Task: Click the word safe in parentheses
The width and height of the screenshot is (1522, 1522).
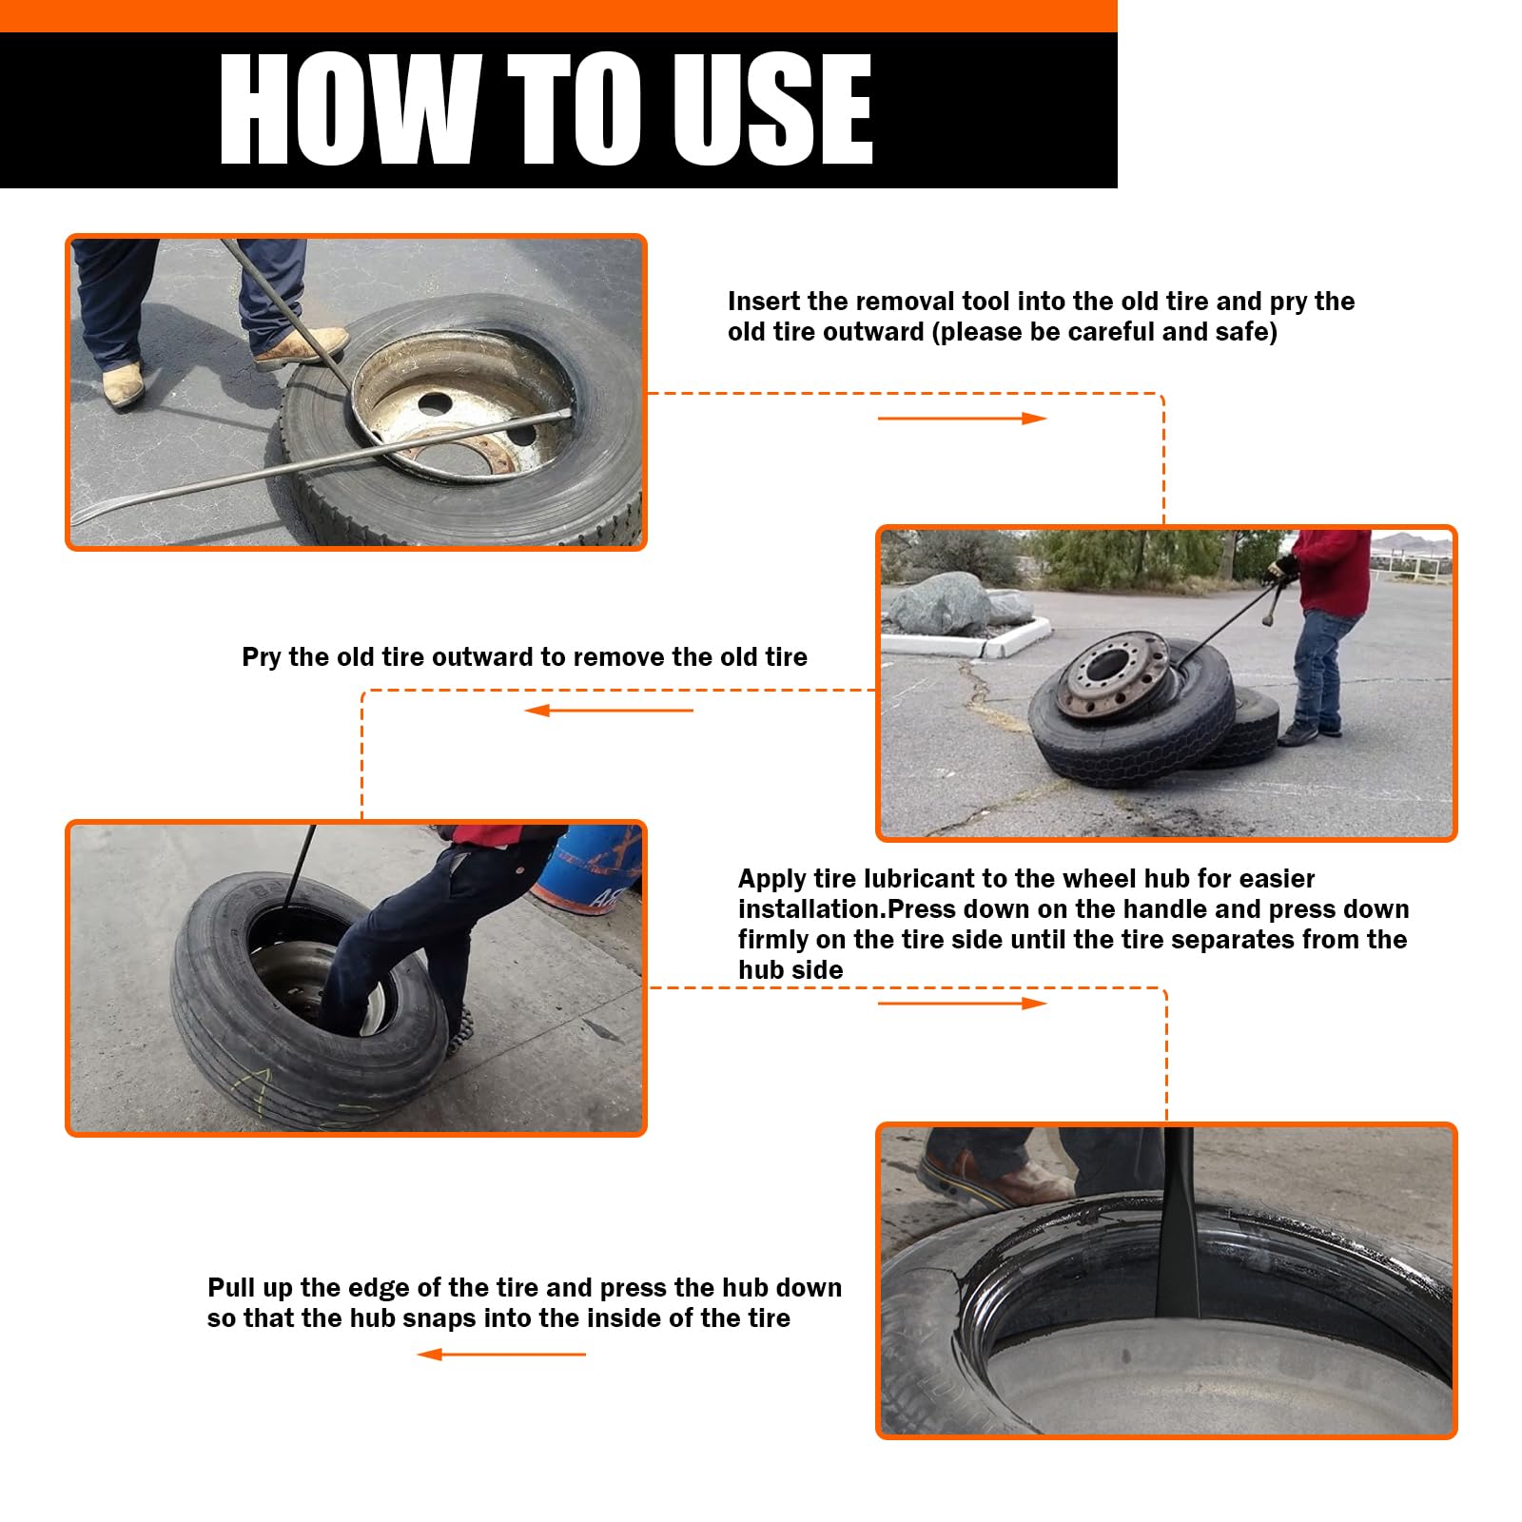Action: pos(1241,332)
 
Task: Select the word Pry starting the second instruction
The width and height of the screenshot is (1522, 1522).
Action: pos(261,657)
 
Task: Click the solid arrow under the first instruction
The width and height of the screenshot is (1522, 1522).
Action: pos(961,419)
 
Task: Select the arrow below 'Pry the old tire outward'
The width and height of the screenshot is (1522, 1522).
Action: pos(609,711)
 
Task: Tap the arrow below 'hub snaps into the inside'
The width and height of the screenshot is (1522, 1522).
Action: pos(501,1355)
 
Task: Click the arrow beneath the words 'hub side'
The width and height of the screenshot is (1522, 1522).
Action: pos(961,1004)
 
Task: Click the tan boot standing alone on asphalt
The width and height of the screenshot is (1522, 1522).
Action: pos(122,386)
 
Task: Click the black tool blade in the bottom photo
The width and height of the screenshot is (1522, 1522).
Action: pos(1178,1237)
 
